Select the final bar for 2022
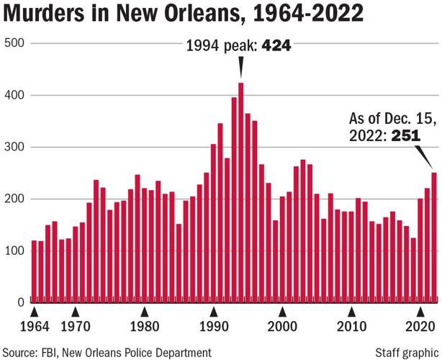pos(434,237)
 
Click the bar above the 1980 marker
pos(144,244)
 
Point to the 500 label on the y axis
pos(15,43)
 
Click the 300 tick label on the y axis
pos(15,147)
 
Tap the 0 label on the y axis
pos(21,302)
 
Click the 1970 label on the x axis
pos(75,325)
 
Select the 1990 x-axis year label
pos(213,325)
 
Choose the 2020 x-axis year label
pos(420,325)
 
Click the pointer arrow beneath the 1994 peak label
pos(240,68)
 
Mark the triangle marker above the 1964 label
pos(34,311)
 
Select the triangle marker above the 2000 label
pos(282,311)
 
